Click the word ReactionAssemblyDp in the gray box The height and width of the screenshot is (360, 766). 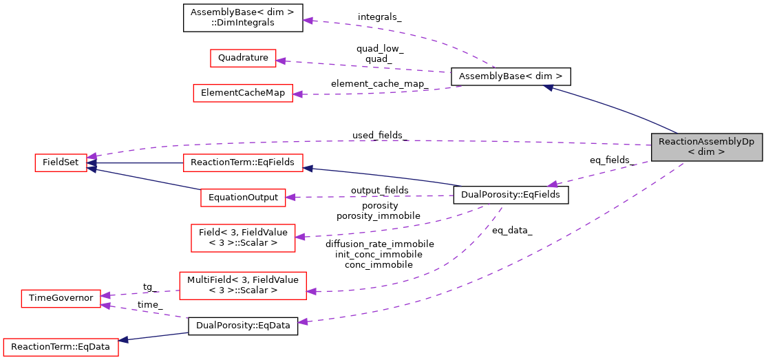[706, 142]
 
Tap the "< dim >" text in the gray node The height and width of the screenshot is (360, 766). [706, 152]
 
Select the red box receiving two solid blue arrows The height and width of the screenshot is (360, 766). [61, 163]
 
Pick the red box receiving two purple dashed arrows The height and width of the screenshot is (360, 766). [61, 299]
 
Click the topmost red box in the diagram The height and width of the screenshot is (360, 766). [243, 59]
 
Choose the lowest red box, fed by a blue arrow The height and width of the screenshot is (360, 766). [61, 347]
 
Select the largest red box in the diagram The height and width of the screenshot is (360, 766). [243, 285]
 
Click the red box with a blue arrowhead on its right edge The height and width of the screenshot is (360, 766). [243, 163]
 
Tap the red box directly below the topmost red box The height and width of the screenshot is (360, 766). [243, 94]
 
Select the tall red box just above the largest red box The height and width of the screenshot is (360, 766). [243, 238]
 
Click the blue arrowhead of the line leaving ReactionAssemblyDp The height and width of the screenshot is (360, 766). [549, 87]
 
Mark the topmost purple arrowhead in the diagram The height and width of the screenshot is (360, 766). [308, 21]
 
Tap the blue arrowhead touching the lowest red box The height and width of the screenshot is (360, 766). [124, 340]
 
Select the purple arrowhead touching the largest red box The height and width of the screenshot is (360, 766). [311, 292]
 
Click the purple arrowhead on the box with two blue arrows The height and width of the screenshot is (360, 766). [92, 157]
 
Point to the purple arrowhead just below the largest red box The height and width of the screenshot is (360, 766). [302, 321]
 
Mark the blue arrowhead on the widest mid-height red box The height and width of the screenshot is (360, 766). [308, 168]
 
